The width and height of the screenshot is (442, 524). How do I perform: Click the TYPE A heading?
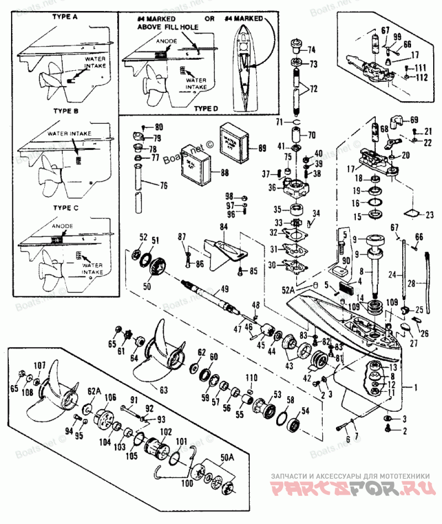point(65,17)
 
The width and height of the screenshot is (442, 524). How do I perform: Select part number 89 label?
point(262,148)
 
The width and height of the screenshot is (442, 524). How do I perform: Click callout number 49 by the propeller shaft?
point(224,288)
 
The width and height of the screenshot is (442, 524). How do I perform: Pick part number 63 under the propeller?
point(164,389)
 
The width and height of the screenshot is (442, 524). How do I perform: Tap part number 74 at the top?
point(312,49)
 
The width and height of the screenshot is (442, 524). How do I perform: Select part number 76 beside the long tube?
point(164,186)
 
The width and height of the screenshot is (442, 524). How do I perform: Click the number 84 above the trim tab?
point(224,227)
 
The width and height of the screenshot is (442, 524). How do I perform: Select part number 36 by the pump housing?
point(272,187)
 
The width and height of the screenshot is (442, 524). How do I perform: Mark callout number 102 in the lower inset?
point(166,432)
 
